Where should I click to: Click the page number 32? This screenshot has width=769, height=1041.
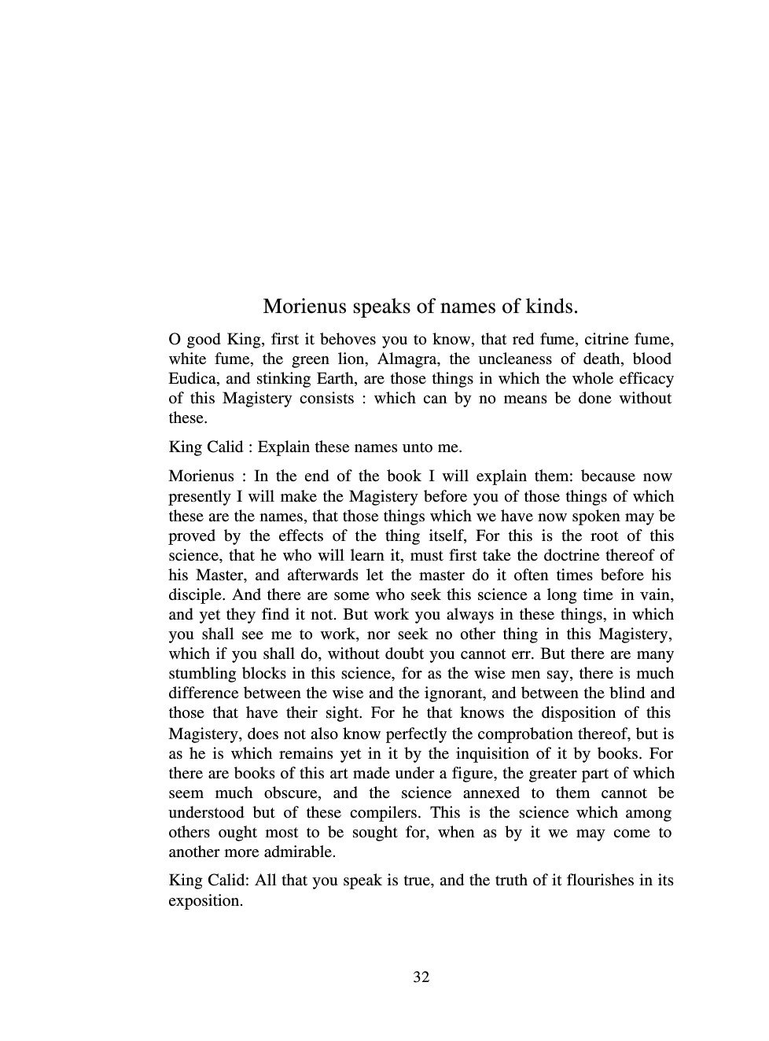(x=421, y=977)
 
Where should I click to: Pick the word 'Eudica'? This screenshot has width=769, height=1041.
(x=193, y=379)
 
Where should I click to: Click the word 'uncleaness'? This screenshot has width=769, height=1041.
(x=517, y=359)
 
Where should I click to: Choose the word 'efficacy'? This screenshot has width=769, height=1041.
(x=643, y=379)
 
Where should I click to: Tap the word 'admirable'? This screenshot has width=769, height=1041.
(x=301, y=852)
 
